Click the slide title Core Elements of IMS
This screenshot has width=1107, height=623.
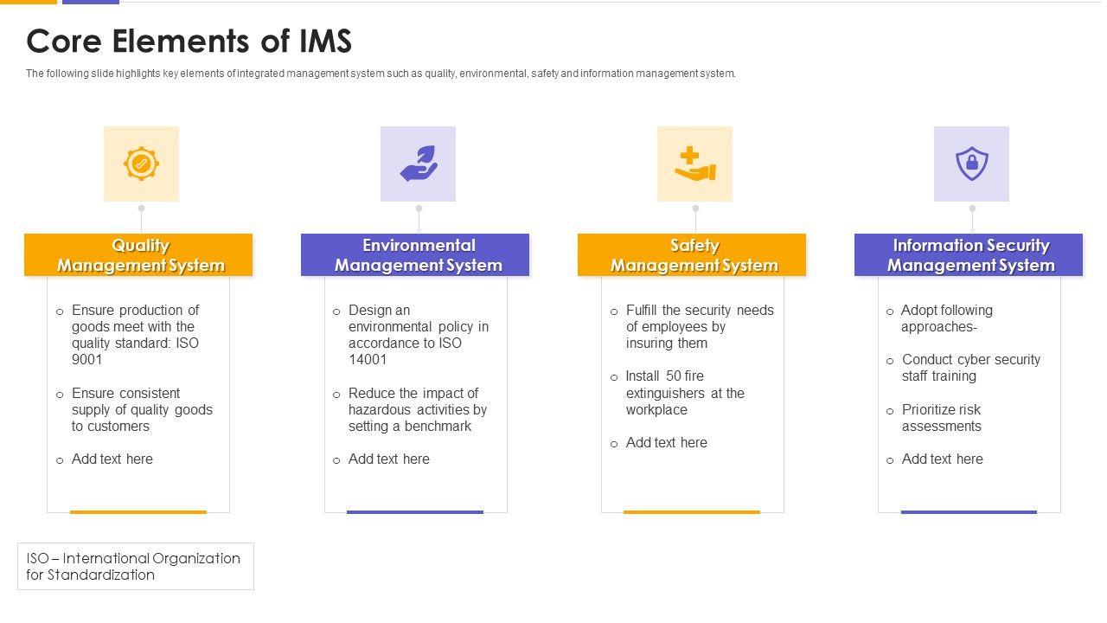point(189,42)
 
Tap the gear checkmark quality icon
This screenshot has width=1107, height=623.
point(141,164)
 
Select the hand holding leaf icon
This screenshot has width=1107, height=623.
point(419,164)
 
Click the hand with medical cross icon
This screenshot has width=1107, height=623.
point(694,164)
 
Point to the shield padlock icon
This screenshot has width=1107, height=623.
point(971,164)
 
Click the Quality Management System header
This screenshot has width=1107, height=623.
point(138,255)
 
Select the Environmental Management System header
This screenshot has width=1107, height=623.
point(415,255)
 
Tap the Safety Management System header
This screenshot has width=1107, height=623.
point(692,255)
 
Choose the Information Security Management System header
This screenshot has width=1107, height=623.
point(969,255)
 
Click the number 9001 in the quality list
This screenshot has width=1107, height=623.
point(87,360)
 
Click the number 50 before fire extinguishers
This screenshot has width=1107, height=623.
point(675,376)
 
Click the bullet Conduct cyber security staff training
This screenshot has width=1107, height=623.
point(970,368)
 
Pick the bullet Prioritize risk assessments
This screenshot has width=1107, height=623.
point(941,418)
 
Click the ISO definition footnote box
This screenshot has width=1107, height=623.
point(135,567)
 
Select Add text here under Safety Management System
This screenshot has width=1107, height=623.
point(666,443)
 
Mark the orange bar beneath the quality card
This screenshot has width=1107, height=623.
point(138,512)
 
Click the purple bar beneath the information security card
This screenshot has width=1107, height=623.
point(969,512)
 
